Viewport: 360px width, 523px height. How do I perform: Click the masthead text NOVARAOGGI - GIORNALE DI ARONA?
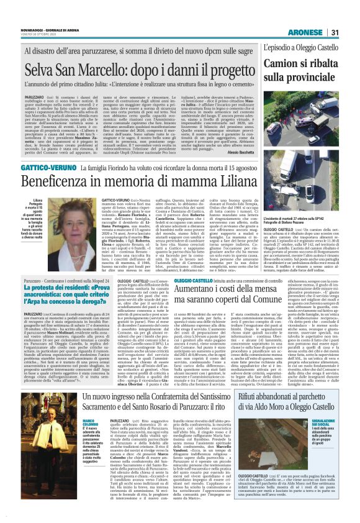tap(43, 9)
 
